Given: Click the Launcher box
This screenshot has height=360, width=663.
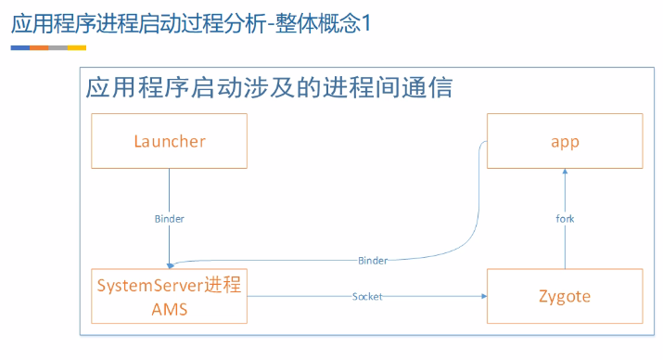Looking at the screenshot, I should (x=169, y=142).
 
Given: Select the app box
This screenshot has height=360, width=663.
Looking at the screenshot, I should (x=564, y=142).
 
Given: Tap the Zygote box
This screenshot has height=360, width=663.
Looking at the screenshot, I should (x=564, y=296).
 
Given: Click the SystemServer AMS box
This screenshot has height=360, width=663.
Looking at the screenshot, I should (x=169, y=296).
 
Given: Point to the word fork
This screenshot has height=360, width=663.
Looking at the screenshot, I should (x=565, y=219).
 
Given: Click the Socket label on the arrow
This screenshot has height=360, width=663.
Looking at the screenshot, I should (x=366, y=297).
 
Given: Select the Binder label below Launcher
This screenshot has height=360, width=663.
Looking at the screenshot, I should (x=169, y=219).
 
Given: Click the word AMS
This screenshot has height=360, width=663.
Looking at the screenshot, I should (x=170, y=308).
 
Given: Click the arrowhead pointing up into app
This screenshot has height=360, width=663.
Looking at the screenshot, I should (x=565, y=174).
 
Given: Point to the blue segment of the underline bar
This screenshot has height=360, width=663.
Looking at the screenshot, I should (x=20, y=46).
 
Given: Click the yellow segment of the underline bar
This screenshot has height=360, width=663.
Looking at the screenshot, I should (x=77, y=46).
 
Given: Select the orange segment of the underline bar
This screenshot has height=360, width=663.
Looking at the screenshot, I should (x=39, y=46).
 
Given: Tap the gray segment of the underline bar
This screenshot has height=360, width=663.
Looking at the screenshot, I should (x=57, y=46).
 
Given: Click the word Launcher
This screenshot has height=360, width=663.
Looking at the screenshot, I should (x=169, y=142).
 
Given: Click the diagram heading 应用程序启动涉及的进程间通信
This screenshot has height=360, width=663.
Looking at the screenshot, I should (x=269, y=89).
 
